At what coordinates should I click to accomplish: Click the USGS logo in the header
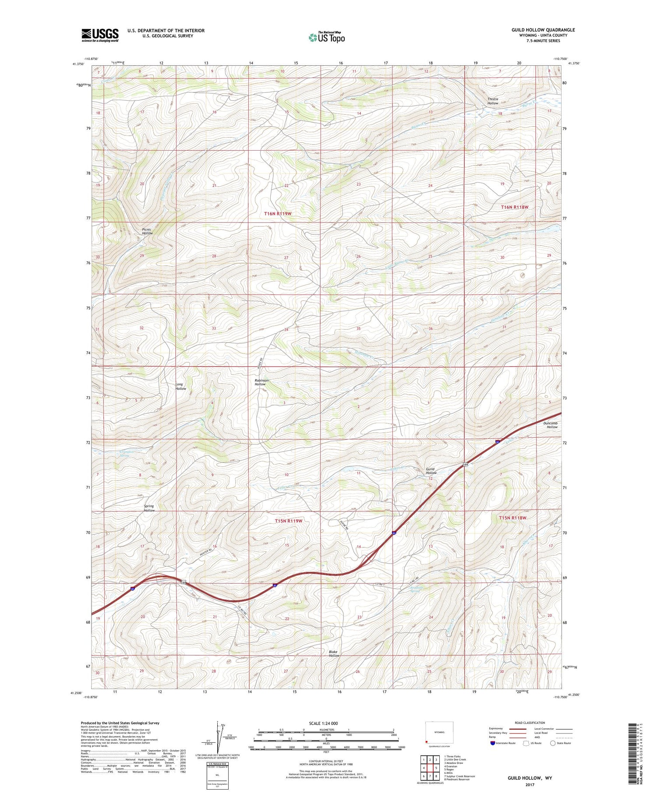(100, 35)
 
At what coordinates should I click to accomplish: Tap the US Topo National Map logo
(327, 37)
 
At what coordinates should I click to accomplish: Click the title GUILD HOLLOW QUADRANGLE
(543, 30)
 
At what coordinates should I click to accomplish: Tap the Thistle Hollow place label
(493, 101)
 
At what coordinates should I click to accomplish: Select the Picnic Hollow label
(147, 231)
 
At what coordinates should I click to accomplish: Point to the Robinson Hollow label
(261, 382)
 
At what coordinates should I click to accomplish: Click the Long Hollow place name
(180, 387)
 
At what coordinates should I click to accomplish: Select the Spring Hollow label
(149, 508)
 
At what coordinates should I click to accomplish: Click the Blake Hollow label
(334, 654)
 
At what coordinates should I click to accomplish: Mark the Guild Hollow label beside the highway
(431, 471)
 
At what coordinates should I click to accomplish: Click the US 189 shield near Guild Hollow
(466, 465)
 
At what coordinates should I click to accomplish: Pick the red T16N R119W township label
(278, 213)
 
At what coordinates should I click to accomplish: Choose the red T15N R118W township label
(512, 518)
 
